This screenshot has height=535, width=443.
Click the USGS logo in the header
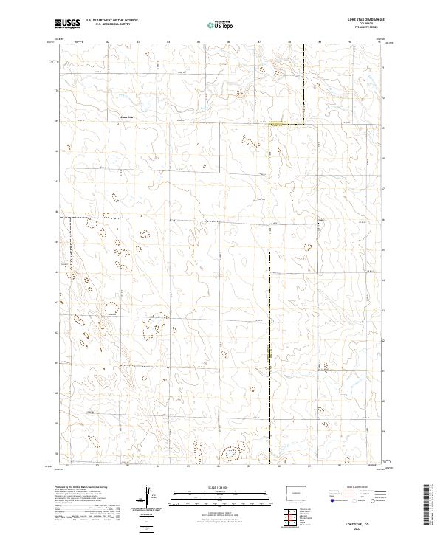(x=67, y=24)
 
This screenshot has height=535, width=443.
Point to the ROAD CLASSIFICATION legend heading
(x=356, y=488)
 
